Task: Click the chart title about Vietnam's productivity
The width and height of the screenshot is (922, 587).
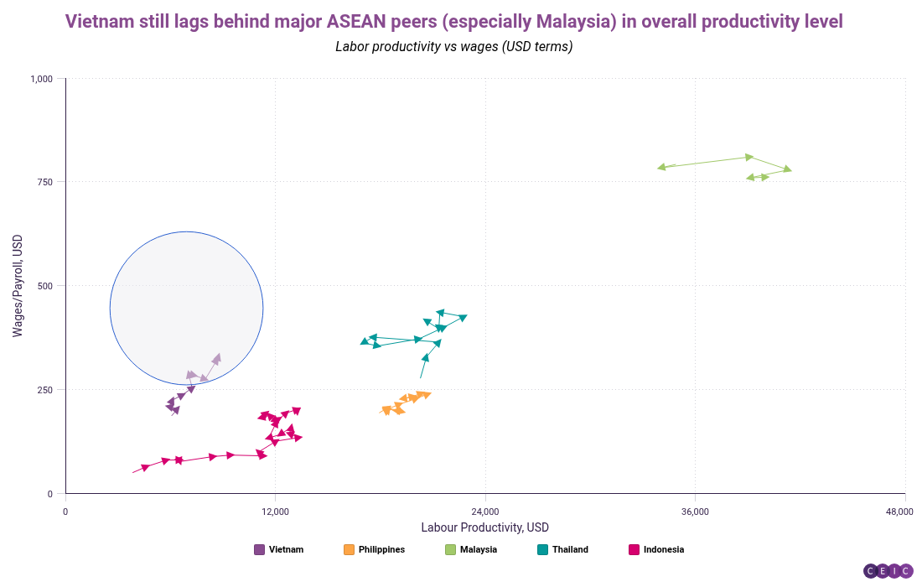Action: [x=453, y=21]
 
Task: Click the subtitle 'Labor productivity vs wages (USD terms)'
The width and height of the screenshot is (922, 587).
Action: [x=453, y=46]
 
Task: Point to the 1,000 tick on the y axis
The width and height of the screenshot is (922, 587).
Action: [x=42, y=79]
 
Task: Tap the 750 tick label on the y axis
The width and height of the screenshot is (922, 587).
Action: [x=46, y=182]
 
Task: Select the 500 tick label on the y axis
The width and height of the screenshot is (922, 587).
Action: [x=46, y=286]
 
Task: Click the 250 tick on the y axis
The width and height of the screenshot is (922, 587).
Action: [x=46, y=390]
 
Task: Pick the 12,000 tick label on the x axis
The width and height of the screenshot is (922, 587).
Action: [x=275, y=512]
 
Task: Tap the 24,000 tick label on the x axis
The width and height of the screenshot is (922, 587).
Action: [x=485, y=512]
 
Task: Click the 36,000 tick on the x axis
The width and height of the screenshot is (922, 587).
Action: [x=695, y=512]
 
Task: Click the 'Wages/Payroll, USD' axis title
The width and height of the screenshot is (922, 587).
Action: [x=18, y=286]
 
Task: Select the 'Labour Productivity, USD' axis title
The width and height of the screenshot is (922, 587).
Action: [x=484, y=527]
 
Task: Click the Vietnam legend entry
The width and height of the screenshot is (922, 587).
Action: [x=278, y=550]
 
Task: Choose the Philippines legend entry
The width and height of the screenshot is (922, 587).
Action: [x=374, y=550]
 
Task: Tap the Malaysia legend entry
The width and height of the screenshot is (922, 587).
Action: [x=471, y=550]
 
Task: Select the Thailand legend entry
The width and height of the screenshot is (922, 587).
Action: [x=562, y=550]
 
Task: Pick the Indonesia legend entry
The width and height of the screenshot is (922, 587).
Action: [x=656, y=550]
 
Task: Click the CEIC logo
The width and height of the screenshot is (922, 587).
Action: [x=888, y=571]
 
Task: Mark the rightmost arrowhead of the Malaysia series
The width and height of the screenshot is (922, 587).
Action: [x=786, y=169]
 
